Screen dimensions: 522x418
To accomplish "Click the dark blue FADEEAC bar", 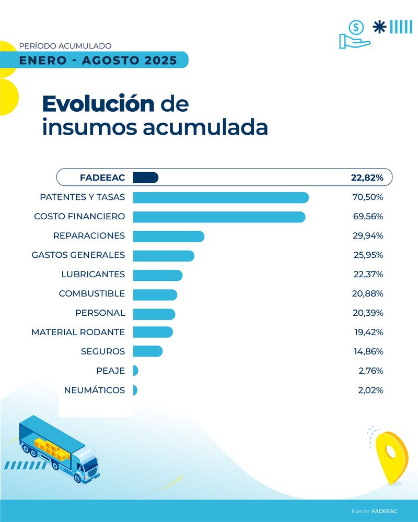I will point(145,177).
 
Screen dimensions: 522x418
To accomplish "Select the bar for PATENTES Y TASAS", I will point(220,197).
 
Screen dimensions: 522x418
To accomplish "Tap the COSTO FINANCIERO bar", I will point(219,217).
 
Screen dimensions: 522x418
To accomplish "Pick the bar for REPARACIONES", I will point(168,236).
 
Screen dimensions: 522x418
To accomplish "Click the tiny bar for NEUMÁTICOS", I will point(135,390).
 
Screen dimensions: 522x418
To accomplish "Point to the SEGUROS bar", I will point(147,351).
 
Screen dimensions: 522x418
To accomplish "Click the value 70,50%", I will point(368,197).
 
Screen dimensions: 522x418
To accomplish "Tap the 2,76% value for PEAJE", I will point(370,371).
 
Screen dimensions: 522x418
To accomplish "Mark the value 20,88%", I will point(368,294).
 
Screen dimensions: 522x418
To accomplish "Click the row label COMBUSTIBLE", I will point(92,294).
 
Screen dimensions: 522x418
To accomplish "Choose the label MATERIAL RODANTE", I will point(78,332).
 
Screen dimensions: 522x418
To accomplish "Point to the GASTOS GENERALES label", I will point(78,255).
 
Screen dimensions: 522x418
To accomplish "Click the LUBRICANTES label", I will point(93,275).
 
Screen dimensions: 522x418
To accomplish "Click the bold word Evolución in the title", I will point(98,104).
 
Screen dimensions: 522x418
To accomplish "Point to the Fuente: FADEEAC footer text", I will point(374,511).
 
